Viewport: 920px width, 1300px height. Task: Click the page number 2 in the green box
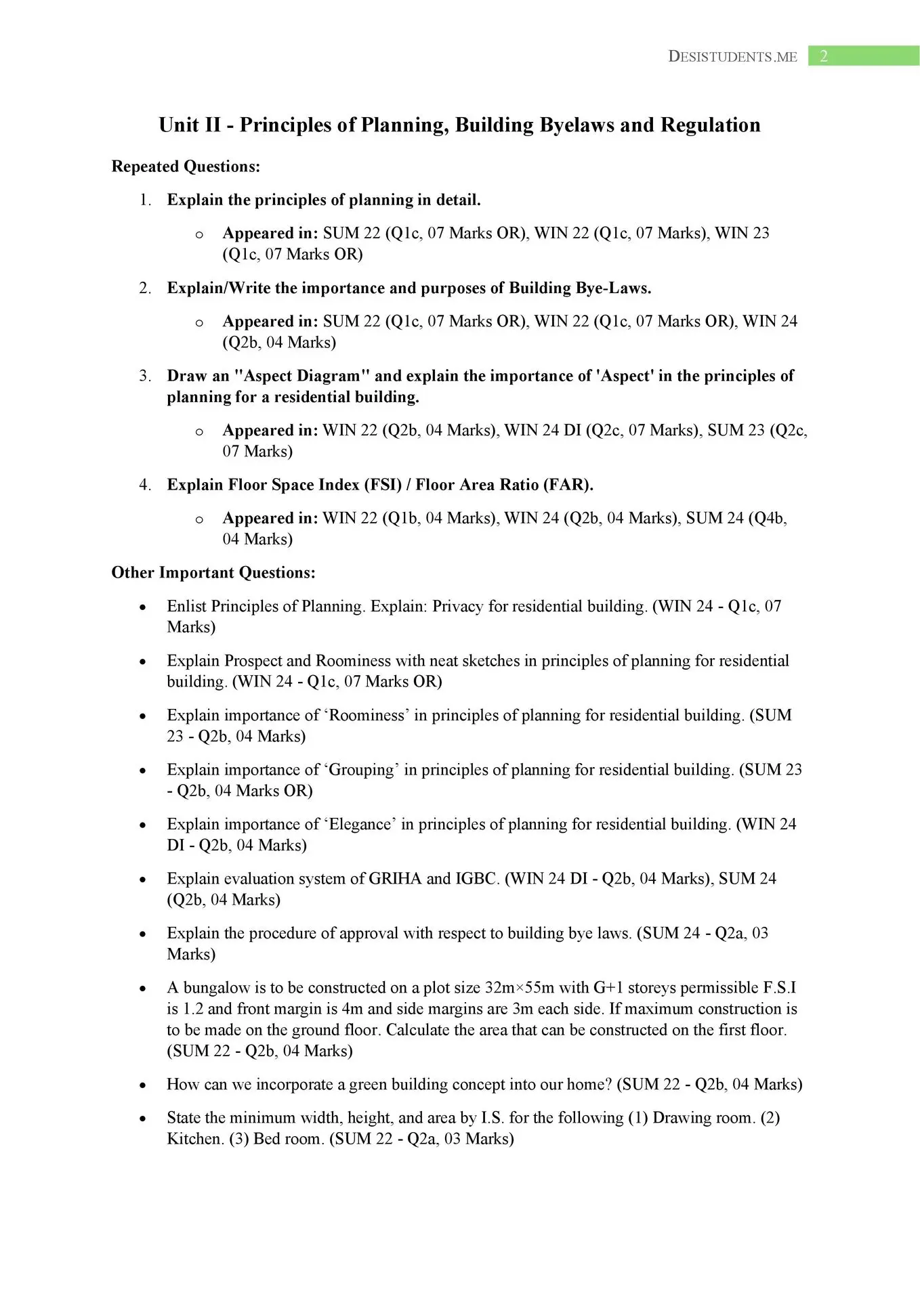tap(824, 56)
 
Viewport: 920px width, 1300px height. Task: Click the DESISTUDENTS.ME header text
tap(732, 57)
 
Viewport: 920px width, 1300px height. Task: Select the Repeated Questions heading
tap(186, 167)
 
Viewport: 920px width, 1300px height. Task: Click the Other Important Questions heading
tap(213, 573)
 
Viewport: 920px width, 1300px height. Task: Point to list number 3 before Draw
tap(145, 376)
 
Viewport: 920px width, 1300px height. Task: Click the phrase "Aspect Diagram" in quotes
tap(301, 376)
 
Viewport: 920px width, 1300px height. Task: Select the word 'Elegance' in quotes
tap(360, 824)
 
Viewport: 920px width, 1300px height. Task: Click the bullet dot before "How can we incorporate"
tap(142, 1085)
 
